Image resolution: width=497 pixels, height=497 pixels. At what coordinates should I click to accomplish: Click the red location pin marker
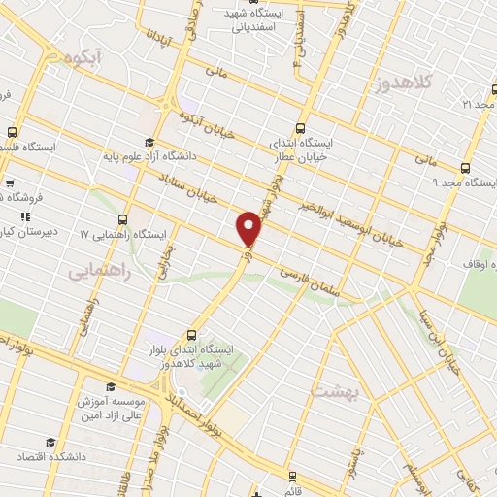click(249, 227)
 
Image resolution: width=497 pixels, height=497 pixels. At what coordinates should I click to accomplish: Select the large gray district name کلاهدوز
click(401, 83)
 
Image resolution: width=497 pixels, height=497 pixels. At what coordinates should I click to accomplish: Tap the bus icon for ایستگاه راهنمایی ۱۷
click(123, 220)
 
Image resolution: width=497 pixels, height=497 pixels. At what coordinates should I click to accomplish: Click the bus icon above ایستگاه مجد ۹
click(466, 167)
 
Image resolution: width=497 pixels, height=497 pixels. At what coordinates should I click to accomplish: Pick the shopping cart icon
click(9, 182)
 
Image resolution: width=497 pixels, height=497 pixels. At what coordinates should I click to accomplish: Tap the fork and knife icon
click(26, 215)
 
